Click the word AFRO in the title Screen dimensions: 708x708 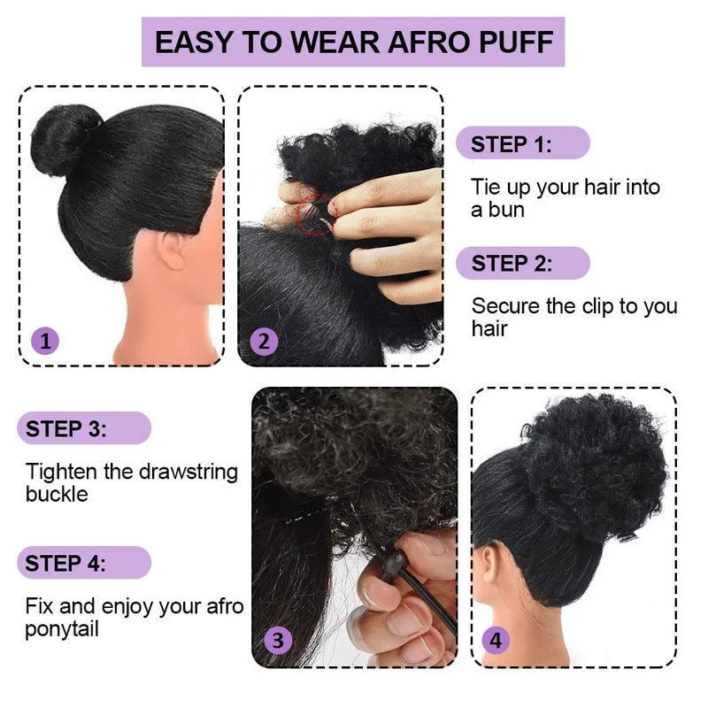click(428, 42)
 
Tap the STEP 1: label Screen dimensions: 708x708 click(512, 144)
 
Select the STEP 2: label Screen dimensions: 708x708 click(512, 263)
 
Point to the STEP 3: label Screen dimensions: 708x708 click(66, 429)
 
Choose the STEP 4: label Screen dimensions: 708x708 click(66, 564)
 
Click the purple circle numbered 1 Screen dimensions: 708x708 click(45, 341)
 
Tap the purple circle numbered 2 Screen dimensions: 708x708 click(264, 341)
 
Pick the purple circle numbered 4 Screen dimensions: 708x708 click(496, 640)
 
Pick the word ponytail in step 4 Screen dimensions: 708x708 click(62, 630)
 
